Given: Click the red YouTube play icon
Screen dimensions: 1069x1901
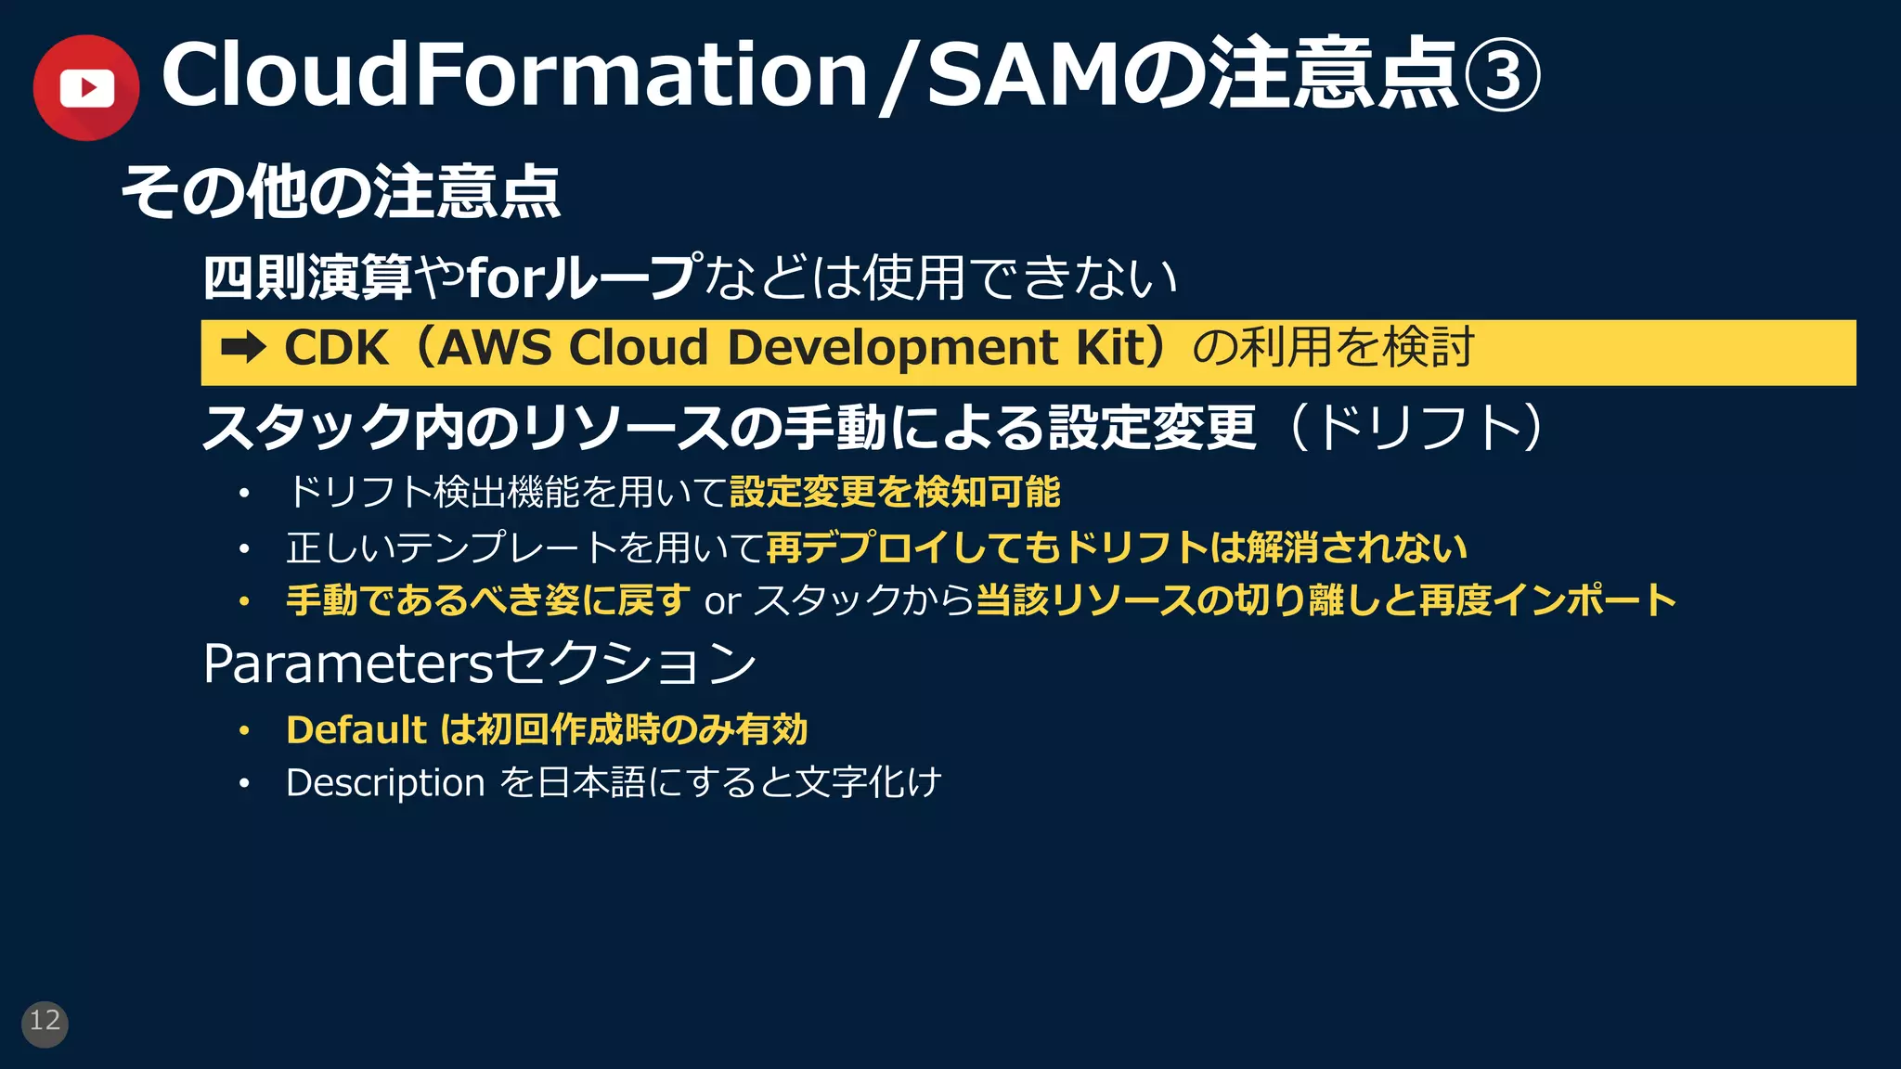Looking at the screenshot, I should coord(86,88).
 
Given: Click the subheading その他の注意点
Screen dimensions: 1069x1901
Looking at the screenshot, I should coord(341,193).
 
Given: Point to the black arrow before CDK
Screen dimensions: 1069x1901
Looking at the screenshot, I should coord(243,349).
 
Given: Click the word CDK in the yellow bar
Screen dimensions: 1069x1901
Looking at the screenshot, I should coord(336,349).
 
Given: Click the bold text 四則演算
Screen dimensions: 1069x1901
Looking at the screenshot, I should coord(307,277).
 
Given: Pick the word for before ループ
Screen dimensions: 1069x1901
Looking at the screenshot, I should coord(504,277).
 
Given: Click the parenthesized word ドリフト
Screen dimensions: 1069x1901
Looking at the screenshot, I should coord(1417,428).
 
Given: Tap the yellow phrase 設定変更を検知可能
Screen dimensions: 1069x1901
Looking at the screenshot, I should coord(895,492).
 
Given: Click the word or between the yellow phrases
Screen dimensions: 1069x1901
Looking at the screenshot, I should coord(722,602).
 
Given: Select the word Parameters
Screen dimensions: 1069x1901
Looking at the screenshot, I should coord(347,664).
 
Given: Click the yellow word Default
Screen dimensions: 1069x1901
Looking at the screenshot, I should coord(356,730).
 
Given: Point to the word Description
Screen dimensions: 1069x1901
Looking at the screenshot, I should coord(385,783).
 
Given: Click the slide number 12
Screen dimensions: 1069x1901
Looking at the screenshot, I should coord(45,1023).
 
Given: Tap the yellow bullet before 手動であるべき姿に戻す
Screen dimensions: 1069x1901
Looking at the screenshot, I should coord(244,602).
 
